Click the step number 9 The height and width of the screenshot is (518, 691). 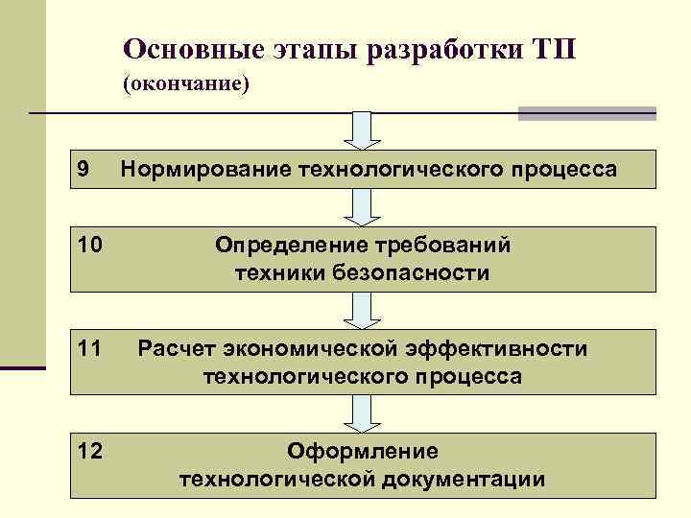pos(83,169)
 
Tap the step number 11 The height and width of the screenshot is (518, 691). pos(89,349)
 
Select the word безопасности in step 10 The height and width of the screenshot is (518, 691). pos(414,273)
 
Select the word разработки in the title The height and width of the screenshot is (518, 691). pos(441,48)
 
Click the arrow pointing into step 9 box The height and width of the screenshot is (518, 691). pos(362,130)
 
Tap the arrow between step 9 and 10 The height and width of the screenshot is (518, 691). pos(362,207)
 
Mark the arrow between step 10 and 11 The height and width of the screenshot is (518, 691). pos(362,310)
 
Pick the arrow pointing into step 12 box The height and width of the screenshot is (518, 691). pos(362,413)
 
